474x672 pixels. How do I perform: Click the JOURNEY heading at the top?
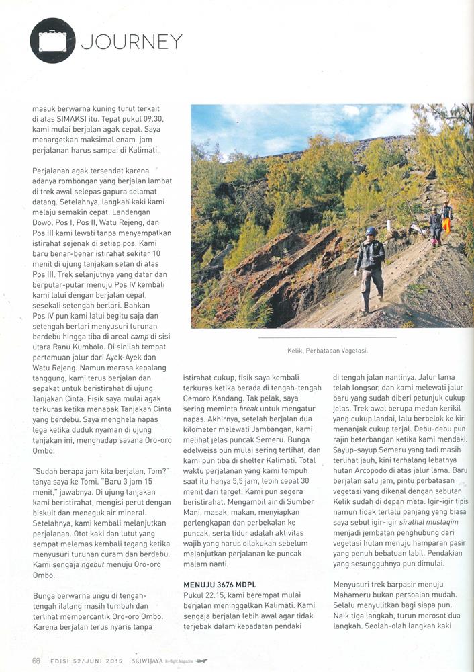click(132, 42)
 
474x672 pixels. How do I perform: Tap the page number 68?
click(36, 660)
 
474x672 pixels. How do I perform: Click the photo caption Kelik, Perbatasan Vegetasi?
click(327, 351)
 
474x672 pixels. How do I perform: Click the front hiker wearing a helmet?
click(369, 268)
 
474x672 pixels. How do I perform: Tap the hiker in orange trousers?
click(446, 221)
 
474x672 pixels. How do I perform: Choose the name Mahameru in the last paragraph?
click(358, 597)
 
